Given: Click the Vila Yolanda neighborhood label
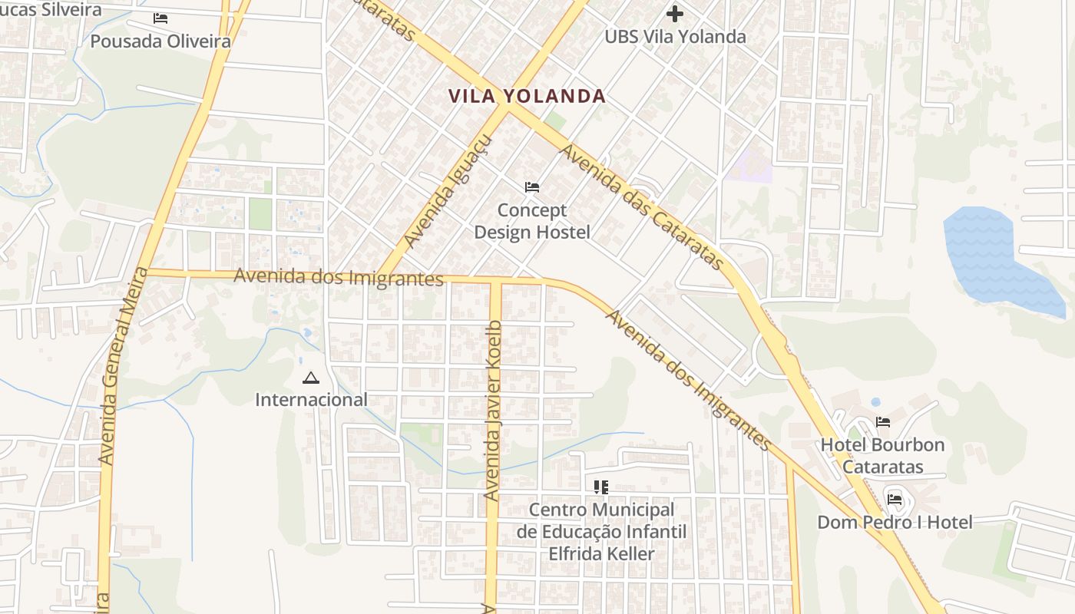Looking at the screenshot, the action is click(527, 96).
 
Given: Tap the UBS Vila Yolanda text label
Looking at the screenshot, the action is click(675, 36).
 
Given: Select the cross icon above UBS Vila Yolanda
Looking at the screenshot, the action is click(675, 14).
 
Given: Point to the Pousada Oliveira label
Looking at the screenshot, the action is click(160, 41).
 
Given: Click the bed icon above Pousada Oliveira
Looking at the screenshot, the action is click(160, 18).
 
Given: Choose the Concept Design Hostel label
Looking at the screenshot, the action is click(532, 221).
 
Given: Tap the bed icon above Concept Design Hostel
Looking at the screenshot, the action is click(532, 187).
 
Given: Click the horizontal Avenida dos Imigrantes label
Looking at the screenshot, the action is click(339, 276).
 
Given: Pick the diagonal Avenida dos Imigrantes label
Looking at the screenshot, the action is click(688, 379).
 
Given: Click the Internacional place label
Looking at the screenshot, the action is click(311, 400).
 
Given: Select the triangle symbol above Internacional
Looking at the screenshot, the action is click(310, 378).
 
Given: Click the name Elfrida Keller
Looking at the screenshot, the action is click(601, 553).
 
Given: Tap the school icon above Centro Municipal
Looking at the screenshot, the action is click(601, 487).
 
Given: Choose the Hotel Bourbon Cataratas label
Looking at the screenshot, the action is click(882, 456).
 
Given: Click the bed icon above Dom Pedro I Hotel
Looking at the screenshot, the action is click(895, 500).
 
